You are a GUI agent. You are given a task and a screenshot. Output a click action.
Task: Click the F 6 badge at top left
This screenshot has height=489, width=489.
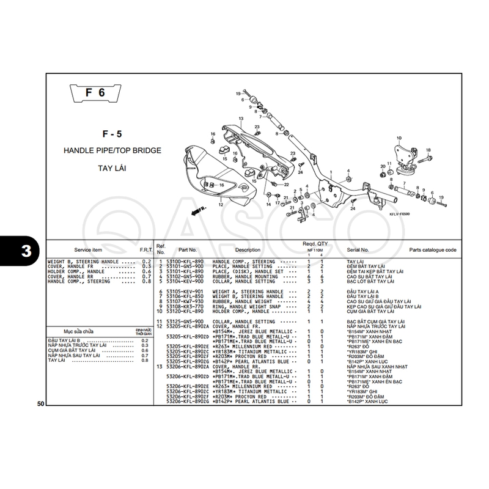coord(95,94)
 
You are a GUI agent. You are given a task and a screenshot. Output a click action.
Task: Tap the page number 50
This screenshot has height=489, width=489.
coord(40,404)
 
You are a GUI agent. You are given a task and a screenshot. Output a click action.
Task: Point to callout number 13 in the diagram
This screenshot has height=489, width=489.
coord(241,118)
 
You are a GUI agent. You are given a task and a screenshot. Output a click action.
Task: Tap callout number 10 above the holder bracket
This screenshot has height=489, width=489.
coord(399,138)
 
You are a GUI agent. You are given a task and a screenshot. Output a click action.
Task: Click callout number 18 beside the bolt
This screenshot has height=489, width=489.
coord(428,150)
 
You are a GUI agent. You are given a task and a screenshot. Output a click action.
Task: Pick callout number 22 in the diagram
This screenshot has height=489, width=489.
coord(286,184)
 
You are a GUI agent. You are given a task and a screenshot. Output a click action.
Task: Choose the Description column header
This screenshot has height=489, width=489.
coord(248,250)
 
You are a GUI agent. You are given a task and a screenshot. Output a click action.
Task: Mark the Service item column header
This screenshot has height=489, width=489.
coord(89,250)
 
